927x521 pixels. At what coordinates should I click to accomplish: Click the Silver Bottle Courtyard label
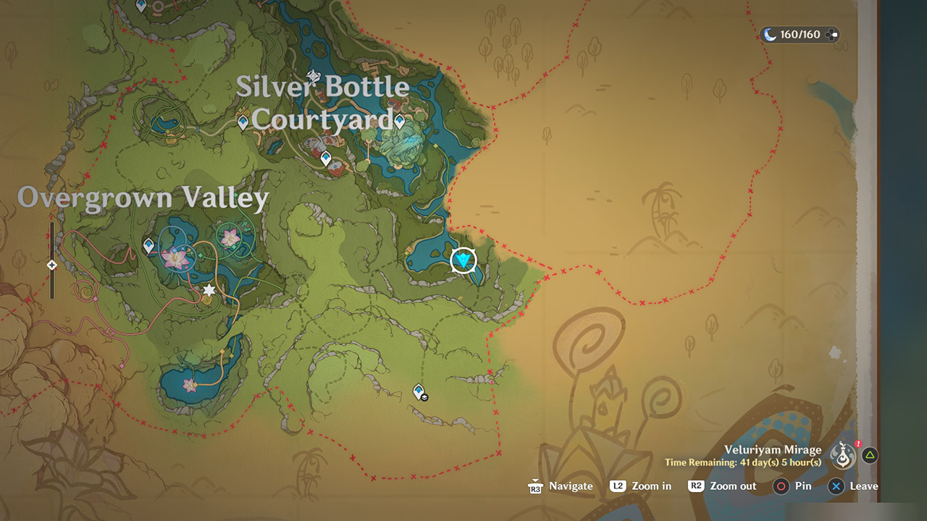pos(323,103)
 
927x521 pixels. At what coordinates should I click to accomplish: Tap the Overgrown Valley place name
pos(143,198)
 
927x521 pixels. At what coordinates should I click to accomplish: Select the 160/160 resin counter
pos(800,35)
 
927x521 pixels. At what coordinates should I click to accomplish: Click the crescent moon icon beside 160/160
pos(770,35)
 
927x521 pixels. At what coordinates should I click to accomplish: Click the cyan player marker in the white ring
pos(463,260)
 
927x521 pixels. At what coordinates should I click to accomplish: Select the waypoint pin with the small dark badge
pos(419,392)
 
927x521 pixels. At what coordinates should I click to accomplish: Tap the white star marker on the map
pos(209,290)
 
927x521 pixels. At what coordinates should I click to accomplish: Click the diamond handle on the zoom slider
pos(52,265)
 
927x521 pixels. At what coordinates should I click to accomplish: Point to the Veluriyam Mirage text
pos(773,450)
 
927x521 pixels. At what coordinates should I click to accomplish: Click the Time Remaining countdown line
pos(743,462)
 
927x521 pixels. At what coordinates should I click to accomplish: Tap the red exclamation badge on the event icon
pos(858,444)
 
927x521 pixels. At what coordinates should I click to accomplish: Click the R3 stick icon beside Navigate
pos(535,486)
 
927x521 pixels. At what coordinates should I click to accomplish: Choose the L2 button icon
pos(618,486)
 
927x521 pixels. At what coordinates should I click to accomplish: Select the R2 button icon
pos(696,486)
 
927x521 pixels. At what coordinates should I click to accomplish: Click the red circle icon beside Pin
pos(780,486)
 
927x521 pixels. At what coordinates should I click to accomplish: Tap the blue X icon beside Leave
pos(836,486)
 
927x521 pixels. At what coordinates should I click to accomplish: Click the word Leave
pos(863,486)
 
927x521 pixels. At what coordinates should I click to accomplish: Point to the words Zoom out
pos(733,486)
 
